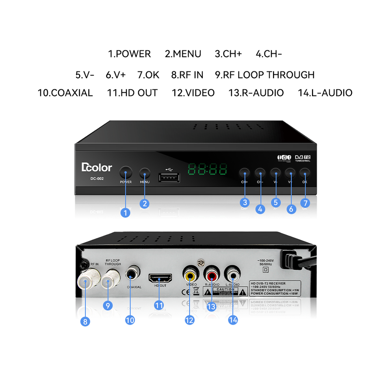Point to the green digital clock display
click(x=207, y=170)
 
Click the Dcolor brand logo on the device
click(x=97, y=167)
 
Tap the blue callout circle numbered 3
click(x=244, y=202)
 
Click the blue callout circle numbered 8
click(x=85, y=321)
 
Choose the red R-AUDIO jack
click(x=212, y=274)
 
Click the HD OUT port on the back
click(x=160, y=278)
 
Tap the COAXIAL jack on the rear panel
click(x=132, y=272)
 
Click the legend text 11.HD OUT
click(x=132, y=93)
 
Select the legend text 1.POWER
click(x=129, y=54)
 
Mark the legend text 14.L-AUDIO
click(x=325, y=93)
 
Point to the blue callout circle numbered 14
click(x=233, y=320)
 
